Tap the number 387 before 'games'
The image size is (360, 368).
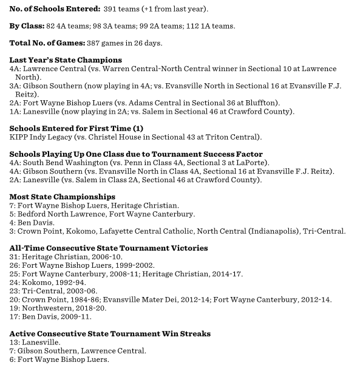click(x=102, y=43)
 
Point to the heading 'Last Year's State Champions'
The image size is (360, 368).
click(x=66, y=60)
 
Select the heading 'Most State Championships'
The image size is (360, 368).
click(x=63, y=197)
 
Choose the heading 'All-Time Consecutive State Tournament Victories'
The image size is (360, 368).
click(x=109, y=248)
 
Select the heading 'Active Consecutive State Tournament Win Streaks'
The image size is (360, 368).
click(x=110, y=333)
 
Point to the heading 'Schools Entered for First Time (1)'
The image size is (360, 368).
click(x=76, y=129)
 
